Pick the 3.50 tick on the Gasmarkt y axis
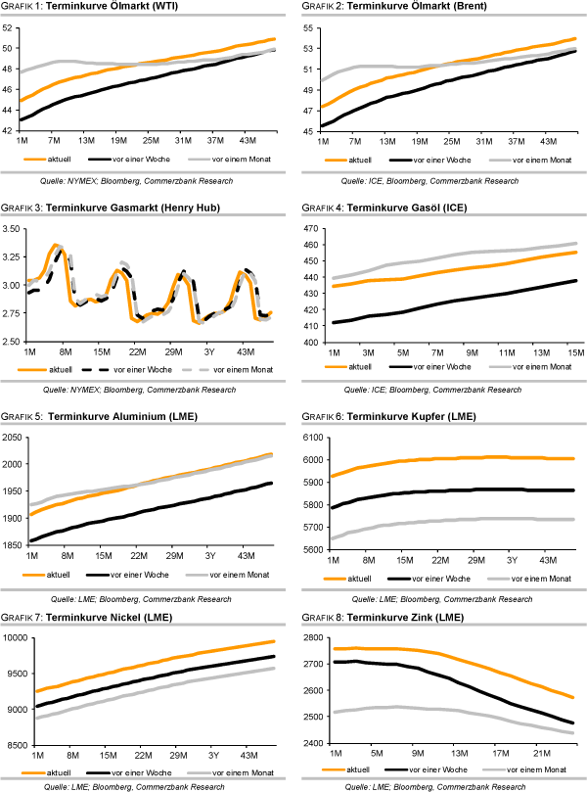tap(11, 229)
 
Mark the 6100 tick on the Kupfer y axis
tap(307, 438)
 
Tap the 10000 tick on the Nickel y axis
tap(13, 638)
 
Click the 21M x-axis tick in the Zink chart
tap(537, 753)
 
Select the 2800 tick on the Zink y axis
tap(307, 637)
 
